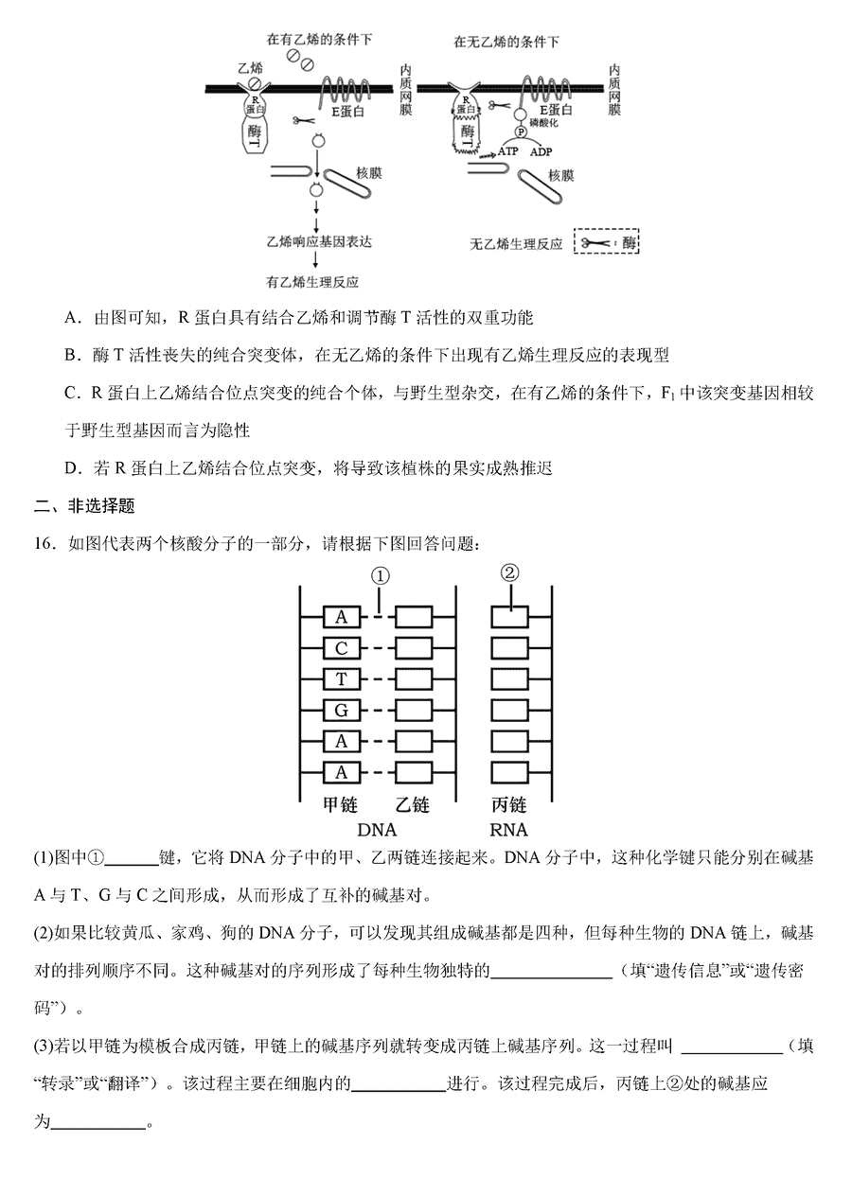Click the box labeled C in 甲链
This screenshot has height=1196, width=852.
pyautogui.click(x=342, y=648)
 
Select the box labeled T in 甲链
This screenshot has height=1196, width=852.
pyautogui.click(x=342, y=679)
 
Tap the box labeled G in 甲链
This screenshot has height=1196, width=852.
pyautogui.click(x=342, y=710)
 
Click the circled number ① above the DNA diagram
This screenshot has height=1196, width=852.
pyautogui.click(x=381, y=575)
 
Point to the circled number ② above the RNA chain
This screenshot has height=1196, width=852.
pyautogui.click(x=510, y=572)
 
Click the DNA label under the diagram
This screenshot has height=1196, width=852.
pyautogui.click(x=377, y=831)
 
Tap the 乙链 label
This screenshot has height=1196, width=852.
pyautogui.click(x=412, y=805)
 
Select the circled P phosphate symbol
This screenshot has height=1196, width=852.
pyautogui.click(x=520, y=132)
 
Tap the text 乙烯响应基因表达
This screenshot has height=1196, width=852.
pyautogui.click(x=319, y=241)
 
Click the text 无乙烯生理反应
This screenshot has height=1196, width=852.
pyautogui.click(x=516, y=244)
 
